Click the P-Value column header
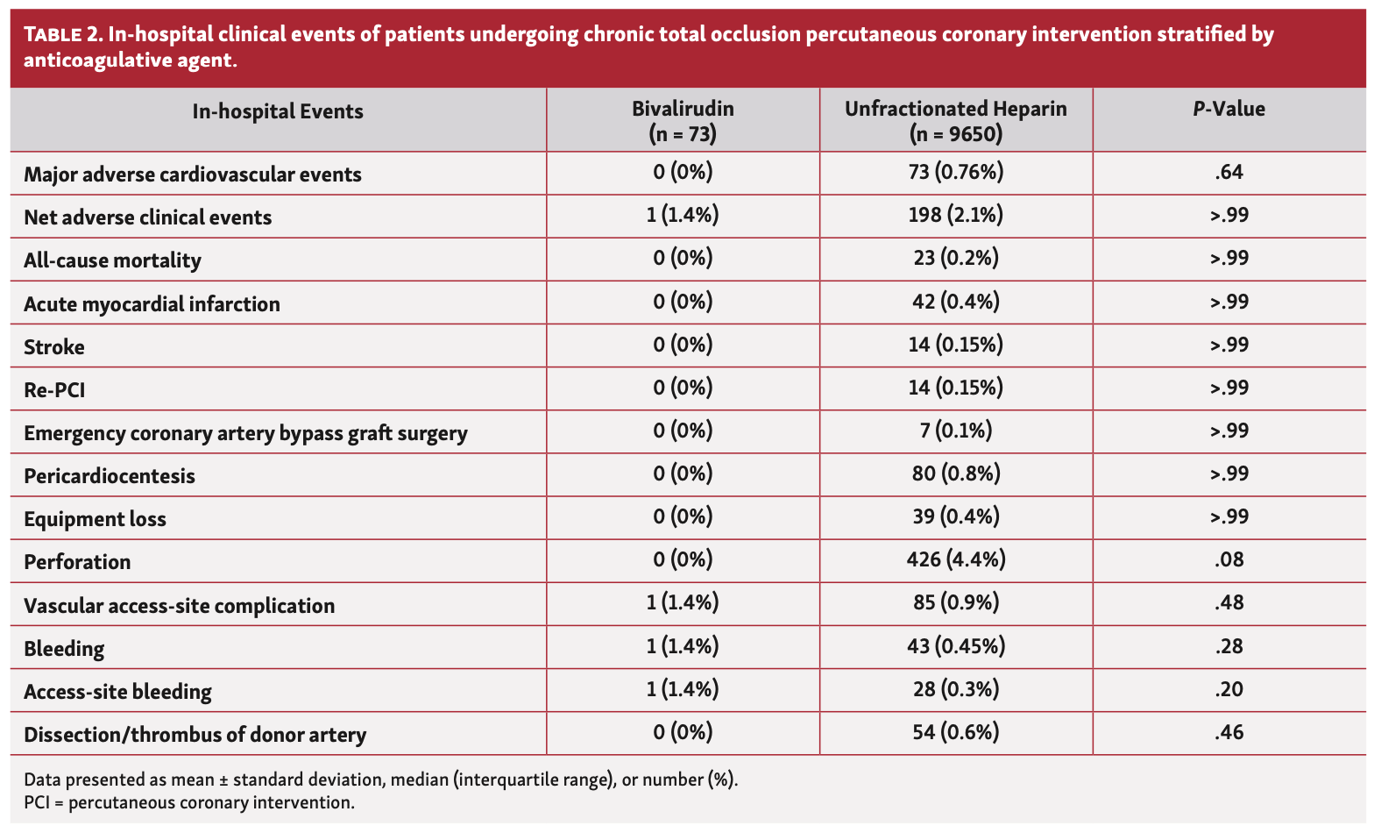1229,110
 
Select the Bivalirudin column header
683,121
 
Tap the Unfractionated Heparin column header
955,121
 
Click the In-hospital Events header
278,111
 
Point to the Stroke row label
54,347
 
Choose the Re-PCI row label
54,390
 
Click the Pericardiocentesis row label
110,476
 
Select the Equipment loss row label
95,519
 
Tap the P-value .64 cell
1229,173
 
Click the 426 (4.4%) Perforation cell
955,559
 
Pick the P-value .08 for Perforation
1229,559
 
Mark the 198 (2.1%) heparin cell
955,216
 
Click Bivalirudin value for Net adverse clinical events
683,216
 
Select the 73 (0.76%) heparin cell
955,173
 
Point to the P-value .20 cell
1229,689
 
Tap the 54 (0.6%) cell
955,732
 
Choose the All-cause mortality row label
112,261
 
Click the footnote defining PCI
189,802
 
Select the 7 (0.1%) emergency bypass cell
955,431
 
